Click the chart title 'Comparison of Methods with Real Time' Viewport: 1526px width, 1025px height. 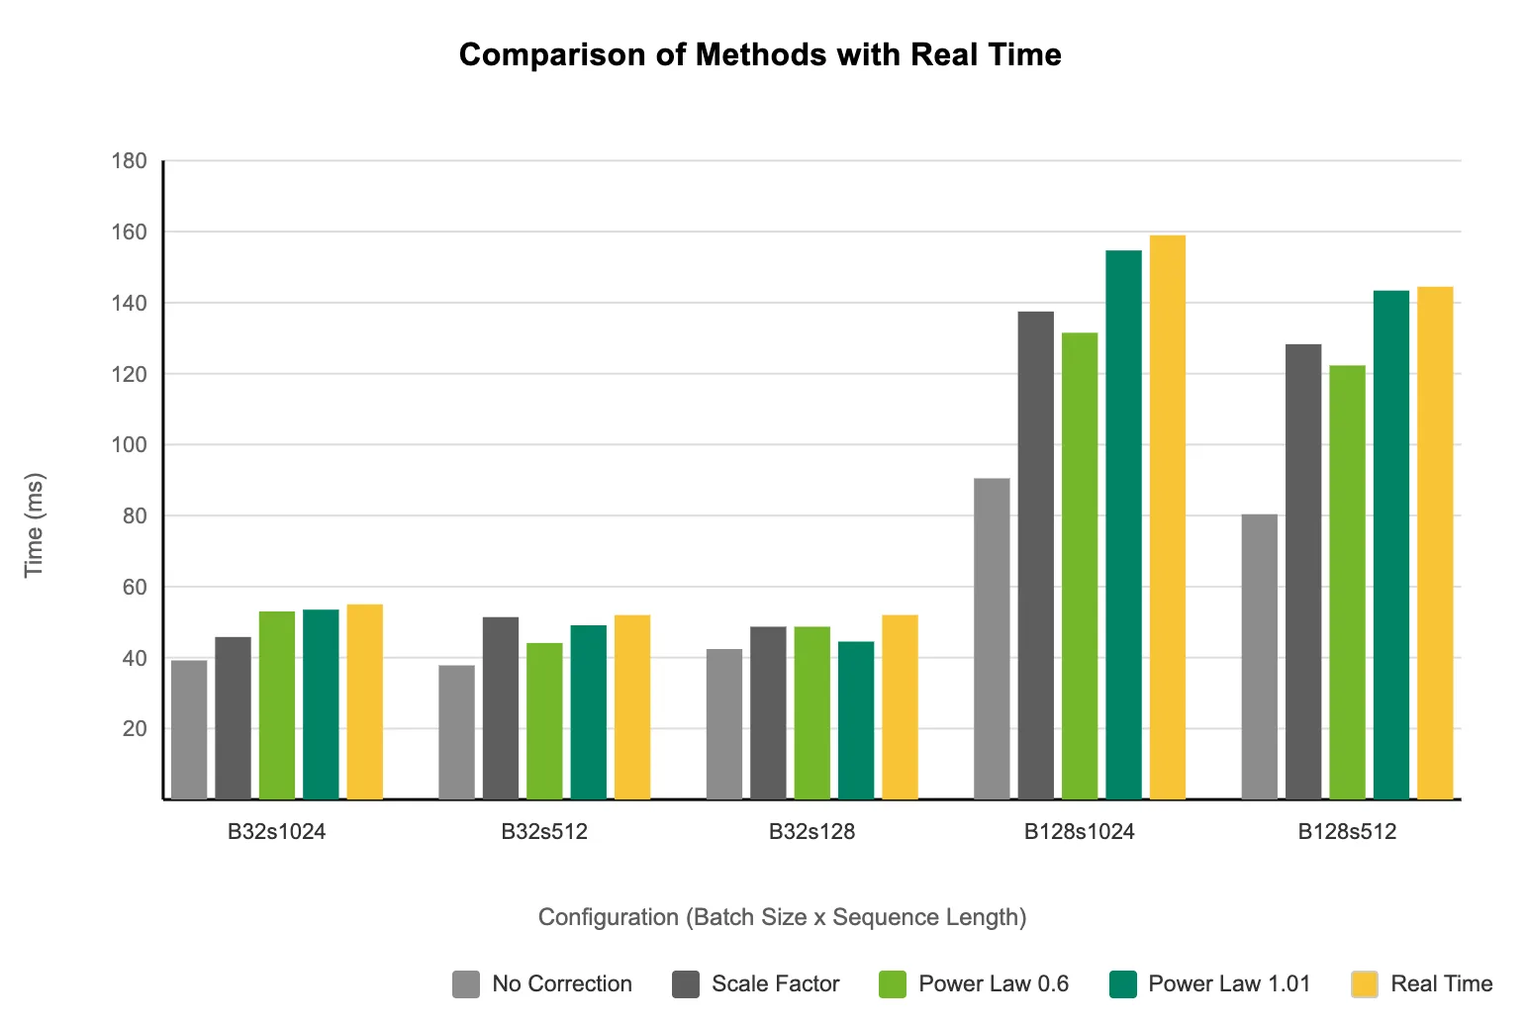(760, 54)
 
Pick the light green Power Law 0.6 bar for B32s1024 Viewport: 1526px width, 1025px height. (277, 705)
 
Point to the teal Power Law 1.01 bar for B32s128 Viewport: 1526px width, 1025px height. (856, 720)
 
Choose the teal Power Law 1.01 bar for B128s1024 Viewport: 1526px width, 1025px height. (1123, 525)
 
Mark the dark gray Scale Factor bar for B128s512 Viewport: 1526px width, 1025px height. (1303, 572)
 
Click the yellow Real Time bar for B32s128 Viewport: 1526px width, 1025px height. (900, 707)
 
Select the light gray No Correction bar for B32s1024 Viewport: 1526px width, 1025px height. (189, 729)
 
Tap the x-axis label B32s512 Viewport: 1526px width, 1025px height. (544, 832)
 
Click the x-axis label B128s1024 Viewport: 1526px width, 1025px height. (1079, 832)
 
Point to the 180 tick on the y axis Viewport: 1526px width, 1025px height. (130, 161)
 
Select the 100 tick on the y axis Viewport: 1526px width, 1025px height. (130, 445)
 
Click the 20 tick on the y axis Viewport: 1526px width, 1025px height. (135, 729)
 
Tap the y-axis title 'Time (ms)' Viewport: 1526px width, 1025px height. (35, 524)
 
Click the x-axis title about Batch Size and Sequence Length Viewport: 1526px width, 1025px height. (782, 917)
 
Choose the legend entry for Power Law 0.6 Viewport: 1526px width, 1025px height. (974, 984)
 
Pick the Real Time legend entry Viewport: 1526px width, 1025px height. (1422, 984)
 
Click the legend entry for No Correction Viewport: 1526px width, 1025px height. (542, 984)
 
